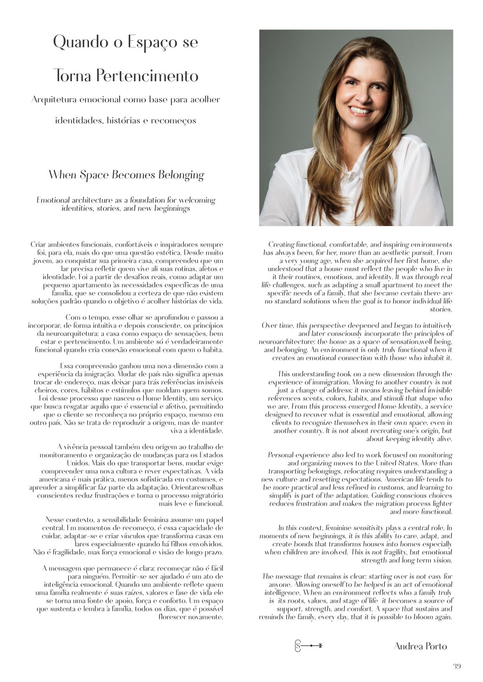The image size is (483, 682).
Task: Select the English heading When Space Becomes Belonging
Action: pyautogui.click(x=126, y=175)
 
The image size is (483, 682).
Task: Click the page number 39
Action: pyautogui.click(x=457, y=666)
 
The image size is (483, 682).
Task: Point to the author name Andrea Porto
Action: pyautogui.click(x=420, y=646)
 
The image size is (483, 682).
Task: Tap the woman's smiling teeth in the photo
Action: pyautogui.click(x=360, y=110)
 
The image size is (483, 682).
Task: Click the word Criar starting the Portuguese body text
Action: pyautogui.click(x=38, y=245)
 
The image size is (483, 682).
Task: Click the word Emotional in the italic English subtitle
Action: pyautogui.click(x=53, y=200)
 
